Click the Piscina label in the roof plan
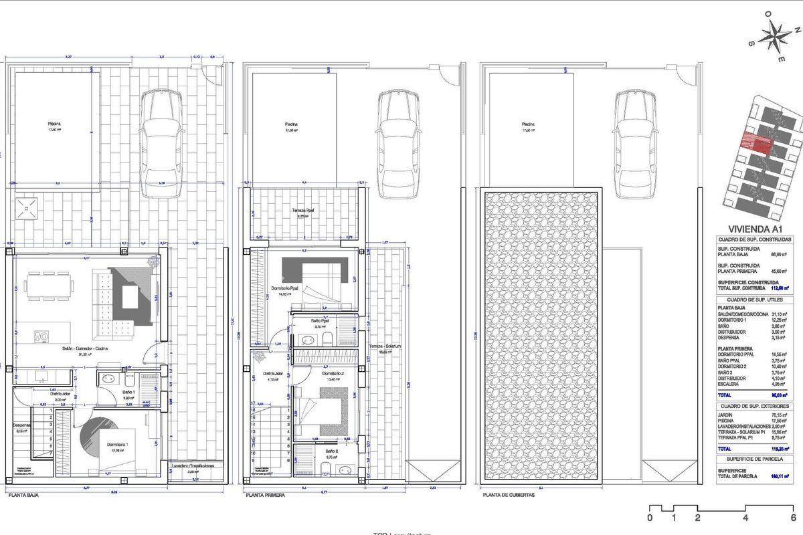pos(529,124)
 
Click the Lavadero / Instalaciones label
pos(193,465)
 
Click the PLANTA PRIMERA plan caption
pos(265,496)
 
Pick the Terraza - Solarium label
pos(384,346)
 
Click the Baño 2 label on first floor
pos(333,451)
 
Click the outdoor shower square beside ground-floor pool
pos(27,209)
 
